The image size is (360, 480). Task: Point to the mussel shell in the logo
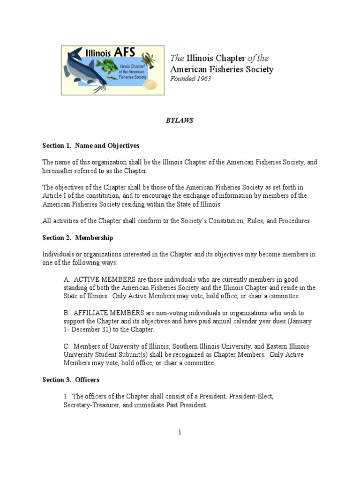(150, 84)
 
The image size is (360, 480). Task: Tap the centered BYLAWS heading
(180, 120)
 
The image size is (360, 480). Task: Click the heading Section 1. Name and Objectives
(91, 146)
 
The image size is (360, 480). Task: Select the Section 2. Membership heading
(78, 238)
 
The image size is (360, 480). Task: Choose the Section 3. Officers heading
(71, 380)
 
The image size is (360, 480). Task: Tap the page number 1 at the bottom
(180, 433)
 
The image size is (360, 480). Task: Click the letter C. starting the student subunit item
(67, 346)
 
